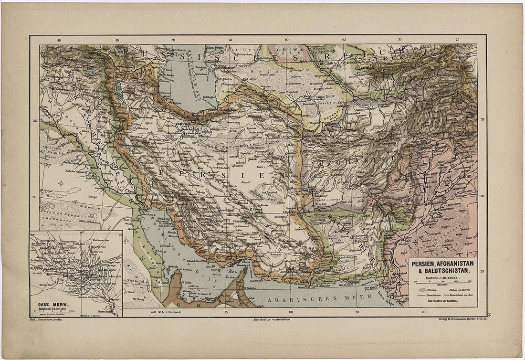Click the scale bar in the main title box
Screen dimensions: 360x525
[441, 283]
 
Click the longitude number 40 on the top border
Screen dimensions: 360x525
[59, 41]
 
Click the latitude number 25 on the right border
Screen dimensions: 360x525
[482, 271]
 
